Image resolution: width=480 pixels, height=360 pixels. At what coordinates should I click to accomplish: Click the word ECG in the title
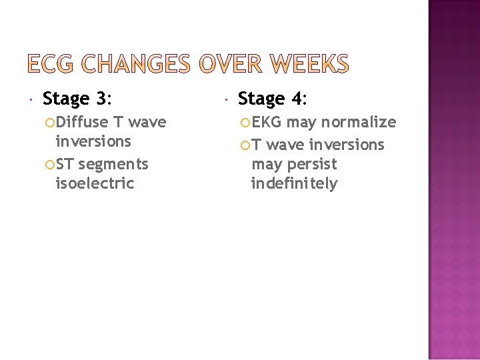[x=54, y=64]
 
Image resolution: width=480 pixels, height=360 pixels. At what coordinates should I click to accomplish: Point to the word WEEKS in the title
[x=311, y=64]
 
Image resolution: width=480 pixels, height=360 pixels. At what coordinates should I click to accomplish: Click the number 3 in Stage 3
[x=101, y=99]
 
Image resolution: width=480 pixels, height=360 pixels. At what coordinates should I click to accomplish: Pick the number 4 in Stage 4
[x=297, y=99]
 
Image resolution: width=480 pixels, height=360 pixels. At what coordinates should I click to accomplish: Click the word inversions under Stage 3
[x=93, y=141]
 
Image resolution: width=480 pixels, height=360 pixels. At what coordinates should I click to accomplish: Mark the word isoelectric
[x=95, y=183]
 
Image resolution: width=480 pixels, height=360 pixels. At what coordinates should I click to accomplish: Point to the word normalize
[x=359, y=122]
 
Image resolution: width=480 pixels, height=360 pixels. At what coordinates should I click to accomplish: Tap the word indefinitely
[x=294, y=183]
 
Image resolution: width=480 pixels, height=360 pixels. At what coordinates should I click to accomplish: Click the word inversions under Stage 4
[x=347, y=145]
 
